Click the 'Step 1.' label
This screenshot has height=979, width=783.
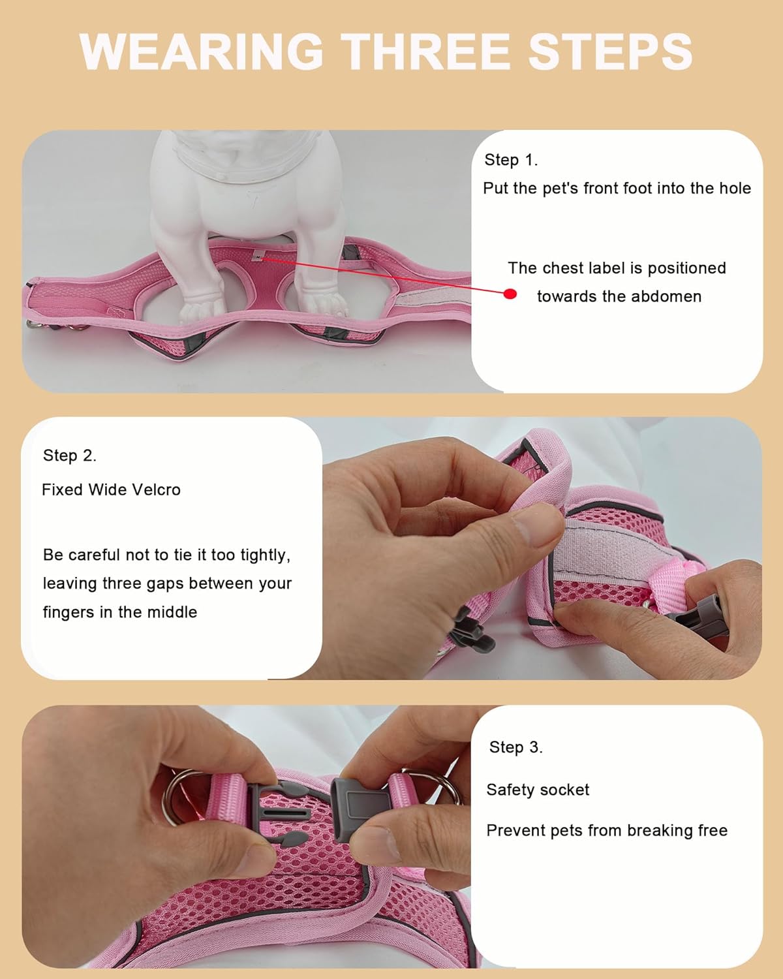point(511,160)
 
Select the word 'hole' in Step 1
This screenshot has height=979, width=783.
point(735,189)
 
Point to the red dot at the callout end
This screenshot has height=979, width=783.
point(510,294)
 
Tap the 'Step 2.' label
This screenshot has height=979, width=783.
point(69,456)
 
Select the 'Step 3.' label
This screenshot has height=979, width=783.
point(515,747)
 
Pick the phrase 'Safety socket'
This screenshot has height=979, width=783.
point(538,790)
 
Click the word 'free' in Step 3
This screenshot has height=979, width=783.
point(713,830)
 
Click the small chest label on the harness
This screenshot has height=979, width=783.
point(259,256)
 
